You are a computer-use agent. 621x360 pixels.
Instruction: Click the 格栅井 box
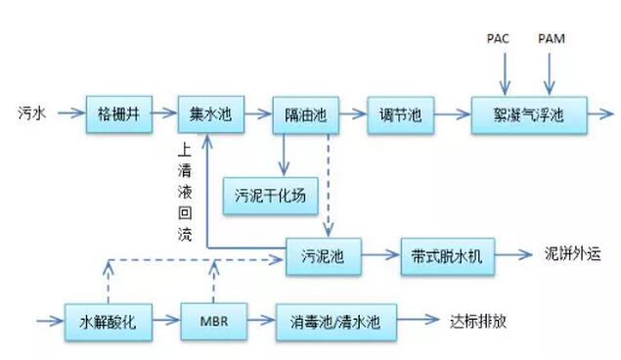pos(116,113)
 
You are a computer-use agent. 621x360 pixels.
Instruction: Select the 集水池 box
pos(210,113)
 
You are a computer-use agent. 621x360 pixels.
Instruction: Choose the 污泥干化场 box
pos(271,195)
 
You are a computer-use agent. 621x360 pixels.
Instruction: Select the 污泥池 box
pos(324,255)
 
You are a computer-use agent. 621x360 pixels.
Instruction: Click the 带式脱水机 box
pos(447,255)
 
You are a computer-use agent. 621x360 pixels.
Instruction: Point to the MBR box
pos(213,320)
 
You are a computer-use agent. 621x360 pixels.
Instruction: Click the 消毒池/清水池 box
pos(334,320)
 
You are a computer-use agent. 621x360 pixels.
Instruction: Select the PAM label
pos(554,38)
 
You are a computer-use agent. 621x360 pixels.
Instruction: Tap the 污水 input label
pos(31,112)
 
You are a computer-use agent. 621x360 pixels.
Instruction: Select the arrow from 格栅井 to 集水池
pos(163,113)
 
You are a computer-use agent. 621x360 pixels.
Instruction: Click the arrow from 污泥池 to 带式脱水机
pos(381,255)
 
